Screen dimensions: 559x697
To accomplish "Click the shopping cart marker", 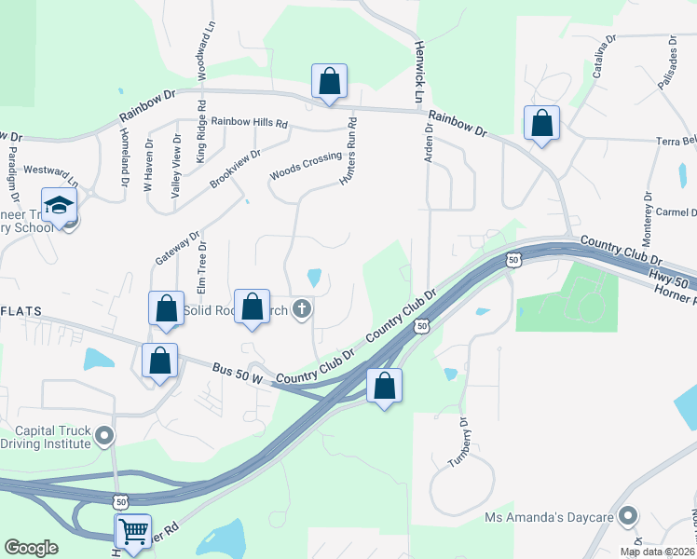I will pos(132,531).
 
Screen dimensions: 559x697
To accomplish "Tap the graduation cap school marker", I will pos(60,205).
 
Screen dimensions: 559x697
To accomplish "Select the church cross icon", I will pos(301,308).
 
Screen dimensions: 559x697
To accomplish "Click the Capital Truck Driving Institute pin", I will pos(105,435).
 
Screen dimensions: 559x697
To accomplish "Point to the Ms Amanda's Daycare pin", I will pos(629,515).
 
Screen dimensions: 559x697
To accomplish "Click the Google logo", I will pos(32,548).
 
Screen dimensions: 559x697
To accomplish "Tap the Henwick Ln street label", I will pos(419,71).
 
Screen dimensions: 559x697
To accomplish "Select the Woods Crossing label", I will pos(307,167).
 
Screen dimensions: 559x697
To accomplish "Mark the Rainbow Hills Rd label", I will pos(250,122).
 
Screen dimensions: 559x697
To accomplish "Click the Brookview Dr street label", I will pos(235,168).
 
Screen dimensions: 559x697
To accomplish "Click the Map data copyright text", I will pos(657,551).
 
